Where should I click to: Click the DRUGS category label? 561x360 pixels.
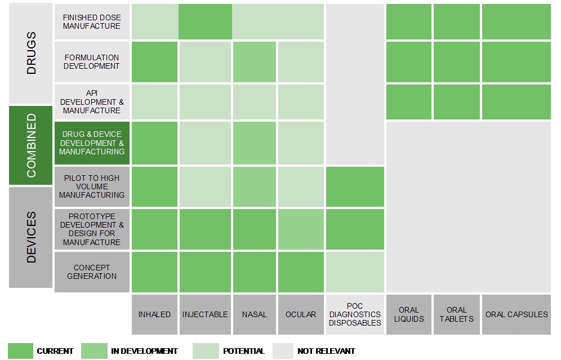tap(30, 54)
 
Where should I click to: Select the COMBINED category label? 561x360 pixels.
tap(30, 145)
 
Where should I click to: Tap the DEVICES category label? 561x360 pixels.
tap(30, 237)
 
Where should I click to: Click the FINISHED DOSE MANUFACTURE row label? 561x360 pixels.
tap(92, 22)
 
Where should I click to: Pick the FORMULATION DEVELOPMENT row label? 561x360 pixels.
tap(92, 61)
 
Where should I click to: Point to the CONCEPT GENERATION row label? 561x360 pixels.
tap(92, 272)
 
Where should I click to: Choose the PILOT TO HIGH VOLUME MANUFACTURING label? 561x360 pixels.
tap(92, 186)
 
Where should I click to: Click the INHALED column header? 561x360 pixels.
tap(154, 314)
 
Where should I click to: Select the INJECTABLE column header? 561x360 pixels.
tap(205, 314)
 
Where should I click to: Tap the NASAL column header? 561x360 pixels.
tap(254, 314)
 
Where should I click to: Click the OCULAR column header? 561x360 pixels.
tap(301, 314)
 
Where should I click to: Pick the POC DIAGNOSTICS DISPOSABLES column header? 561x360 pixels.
tap(355, 314)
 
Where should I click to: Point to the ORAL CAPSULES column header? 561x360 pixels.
tap(517, 314)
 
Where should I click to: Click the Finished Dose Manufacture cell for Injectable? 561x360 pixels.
tap(205, 22)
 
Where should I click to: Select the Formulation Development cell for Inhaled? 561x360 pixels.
tap(154, 61)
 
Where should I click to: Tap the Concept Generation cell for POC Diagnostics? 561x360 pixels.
tap(355, 272)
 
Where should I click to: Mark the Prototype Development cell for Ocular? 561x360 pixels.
tap(301, 229)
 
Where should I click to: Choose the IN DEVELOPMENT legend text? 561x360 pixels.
tap(144, 351)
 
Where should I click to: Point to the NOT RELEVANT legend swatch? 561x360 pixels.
tap(283, 351)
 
